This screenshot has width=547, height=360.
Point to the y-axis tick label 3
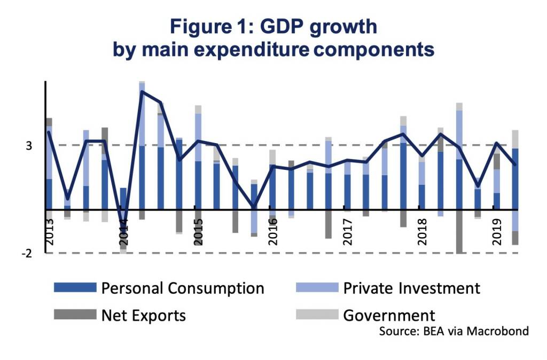(x=30, y=145)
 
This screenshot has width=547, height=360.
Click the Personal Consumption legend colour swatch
(x=75, y=288)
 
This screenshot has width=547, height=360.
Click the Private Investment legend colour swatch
(x=317, y=288)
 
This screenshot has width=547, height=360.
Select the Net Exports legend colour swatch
(x=75, y=315)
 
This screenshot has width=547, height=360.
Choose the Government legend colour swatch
(x=317, y=315)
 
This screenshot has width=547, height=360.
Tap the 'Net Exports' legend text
(x=144, y=315)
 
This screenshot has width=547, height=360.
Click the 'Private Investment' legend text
(x=411, y=288)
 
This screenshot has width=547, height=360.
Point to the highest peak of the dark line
(x=142, y=91)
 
